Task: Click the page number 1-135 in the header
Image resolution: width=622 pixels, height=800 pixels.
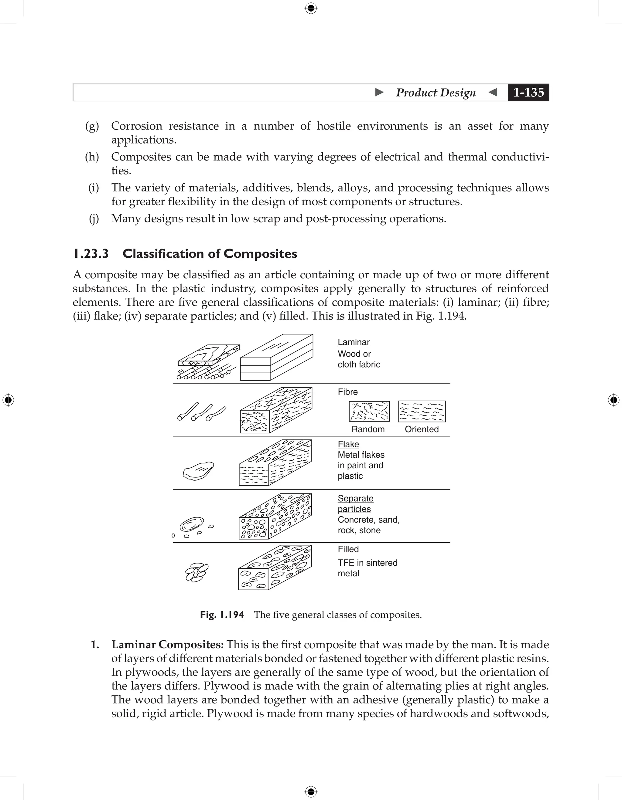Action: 528,92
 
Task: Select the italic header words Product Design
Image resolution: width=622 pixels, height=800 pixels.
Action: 436,93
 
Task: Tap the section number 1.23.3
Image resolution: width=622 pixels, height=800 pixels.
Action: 91,253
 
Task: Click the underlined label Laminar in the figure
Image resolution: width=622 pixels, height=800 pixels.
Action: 353,342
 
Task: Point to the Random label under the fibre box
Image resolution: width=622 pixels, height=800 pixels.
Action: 368,429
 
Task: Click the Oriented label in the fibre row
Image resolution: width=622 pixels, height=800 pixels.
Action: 422,429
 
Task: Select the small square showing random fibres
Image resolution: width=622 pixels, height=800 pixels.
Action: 369,411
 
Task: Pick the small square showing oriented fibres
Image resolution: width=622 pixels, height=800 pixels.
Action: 422,411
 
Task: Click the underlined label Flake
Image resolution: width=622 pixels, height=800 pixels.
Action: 348,444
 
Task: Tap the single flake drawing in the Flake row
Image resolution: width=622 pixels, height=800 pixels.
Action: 198,471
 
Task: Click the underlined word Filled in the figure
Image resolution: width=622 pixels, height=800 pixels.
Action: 348,549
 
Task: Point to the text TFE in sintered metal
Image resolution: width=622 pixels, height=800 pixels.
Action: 367,568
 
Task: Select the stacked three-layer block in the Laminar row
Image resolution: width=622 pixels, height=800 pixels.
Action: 276,357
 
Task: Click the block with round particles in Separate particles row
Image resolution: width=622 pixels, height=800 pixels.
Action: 275,516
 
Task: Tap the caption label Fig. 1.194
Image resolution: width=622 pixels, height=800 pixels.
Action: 222,615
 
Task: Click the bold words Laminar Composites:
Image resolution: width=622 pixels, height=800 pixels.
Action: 168,644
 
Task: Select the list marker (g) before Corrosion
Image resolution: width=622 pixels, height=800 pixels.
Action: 92,126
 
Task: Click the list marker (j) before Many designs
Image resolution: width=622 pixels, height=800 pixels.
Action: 94,219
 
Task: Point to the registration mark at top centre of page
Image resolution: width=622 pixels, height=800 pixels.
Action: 311,8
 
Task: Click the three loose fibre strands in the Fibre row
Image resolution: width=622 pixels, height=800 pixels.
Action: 201,412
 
